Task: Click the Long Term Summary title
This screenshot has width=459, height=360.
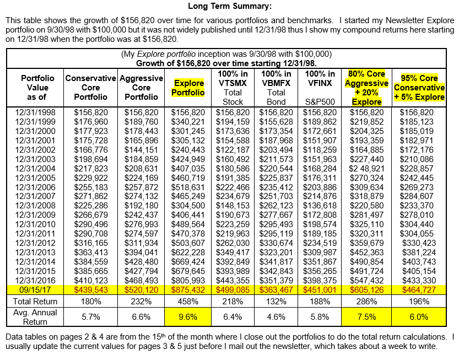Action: click(230, 7)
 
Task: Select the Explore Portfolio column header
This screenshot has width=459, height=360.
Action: click(189, 88)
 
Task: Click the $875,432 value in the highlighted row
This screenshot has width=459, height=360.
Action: click(189, 288)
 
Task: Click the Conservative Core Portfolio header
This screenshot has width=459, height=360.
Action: click(90, 88)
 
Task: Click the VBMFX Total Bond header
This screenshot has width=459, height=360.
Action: click(276, 88)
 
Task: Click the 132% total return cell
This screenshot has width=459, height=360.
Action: click(276, 302)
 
